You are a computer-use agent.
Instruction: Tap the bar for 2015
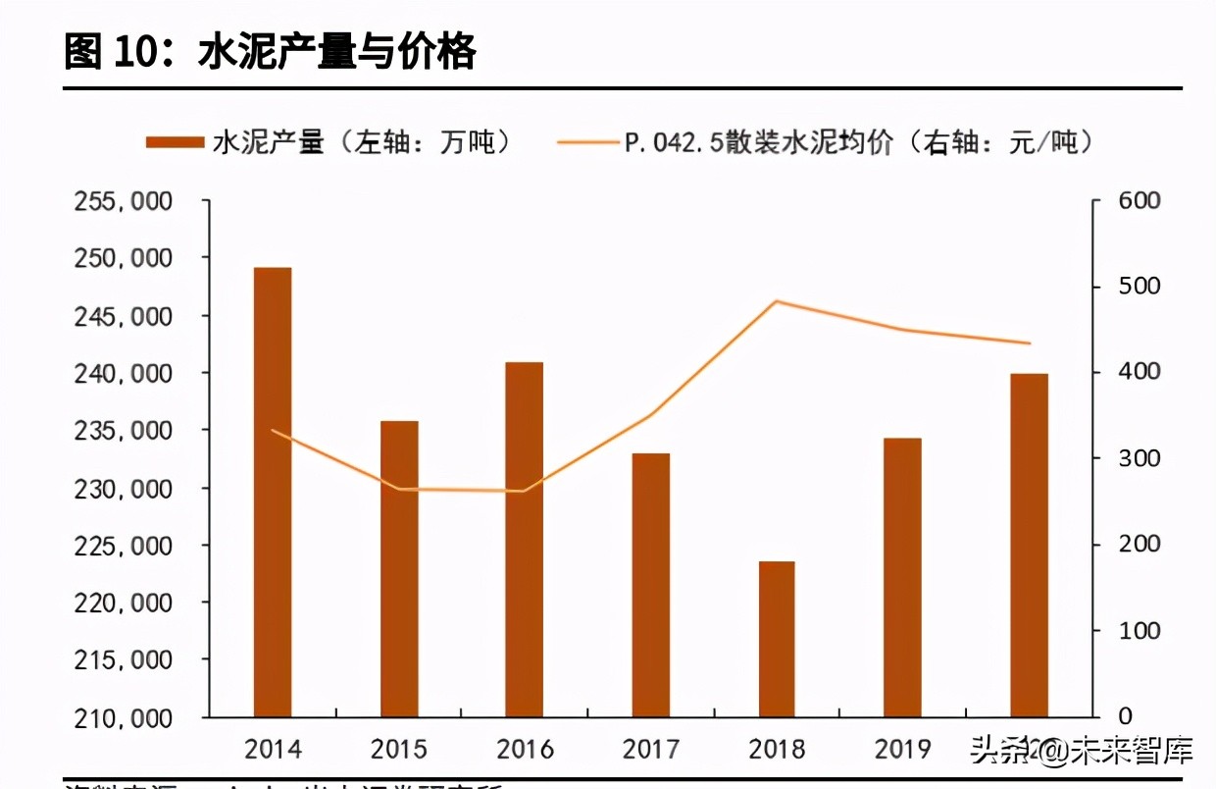pos(399,568)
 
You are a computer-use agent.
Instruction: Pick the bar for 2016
pos(525,539)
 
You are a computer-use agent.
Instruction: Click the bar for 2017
pos(651,585)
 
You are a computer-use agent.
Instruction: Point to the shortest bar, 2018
pos(777,639)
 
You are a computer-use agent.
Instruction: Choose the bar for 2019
pos(902,577)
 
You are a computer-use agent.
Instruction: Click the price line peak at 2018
pos(777,301)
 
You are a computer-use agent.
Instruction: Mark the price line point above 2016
pos(525,491)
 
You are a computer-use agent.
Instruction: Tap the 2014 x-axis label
pos(273,751)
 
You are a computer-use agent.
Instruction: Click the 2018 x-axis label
pos(777,751)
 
